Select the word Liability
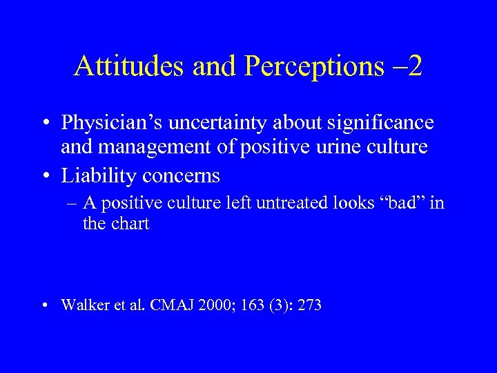coord(99,175)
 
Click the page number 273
coord(310,305)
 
